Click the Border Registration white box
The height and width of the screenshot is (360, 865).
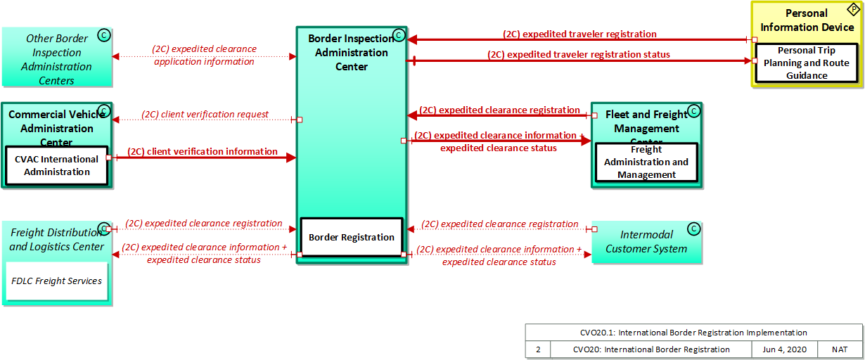coord(351,237)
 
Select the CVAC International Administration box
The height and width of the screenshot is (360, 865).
coord(57,166)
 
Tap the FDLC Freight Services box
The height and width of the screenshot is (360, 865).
coord(57,281)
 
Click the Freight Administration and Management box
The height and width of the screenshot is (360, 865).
coord(646,162)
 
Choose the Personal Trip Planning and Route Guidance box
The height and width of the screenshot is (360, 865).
coord(807,63)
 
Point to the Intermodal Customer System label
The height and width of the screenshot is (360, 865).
coord(646,241)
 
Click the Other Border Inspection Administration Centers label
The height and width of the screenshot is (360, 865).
coord(56,60)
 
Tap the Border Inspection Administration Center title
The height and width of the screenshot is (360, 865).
coord(351,53)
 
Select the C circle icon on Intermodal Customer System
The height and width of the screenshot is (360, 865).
coord(693,229)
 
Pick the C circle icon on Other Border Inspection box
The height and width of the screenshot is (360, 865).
coord(104,36)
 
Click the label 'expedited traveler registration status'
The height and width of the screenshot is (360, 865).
coord(578,54)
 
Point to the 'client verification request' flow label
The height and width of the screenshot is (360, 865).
coord(205,114)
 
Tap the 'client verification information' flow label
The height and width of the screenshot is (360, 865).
coord(203,151)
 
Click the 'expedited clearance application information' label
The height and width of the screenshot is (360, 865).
coord(204,55)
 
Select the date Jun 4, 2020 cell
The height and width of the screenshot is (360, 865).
coord(785,349)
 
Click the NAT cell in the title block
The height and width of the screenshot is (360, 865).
coord(840,349)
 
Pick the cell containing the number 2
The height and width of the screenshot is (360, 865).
coord(538,349)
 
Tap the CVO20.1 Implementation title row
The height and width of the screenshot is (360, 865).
coord(693,333)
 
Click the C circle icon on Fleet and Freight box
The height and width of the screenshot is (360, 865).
coord(693,110)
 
